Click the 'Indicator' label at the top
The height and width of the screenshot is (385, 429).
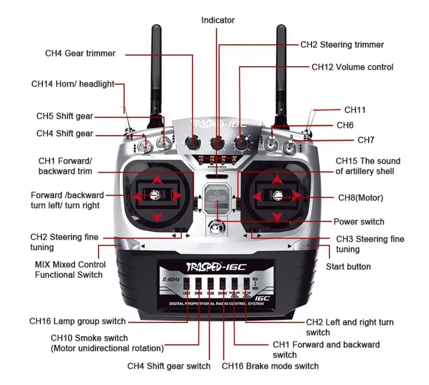pos(218,20)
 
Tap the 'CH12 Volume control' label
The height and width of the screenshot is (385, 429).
pos(352,67)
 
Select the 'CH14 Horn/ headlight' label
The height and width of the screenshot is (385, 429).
pos(73,84)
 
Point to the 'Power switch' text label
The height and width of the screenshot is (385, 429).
pos(359,222)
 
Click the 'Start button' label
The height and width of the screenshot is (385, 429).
pos(348,267)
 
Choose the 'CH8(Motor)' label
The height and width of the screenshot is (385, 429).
pos(361,198)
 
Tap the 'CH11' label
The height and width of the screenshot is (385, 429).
pos(355,110)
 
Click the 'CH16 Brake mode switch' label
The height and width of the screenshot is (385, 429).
pos(270,366)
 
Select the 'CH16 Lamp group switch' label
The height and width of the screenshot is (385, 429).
pos(78,321)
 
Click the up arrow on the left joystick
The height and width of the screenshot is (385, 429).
pos(157,179)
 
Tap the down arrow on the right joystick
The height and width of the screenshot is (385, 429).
pos(277,216)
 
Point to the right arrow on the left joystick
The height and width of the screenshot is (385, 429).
pos(176,196)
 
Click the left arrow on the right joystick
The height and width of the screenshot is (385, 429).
pos(257,196)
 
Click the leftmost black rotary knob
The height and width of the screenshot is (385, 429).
pos(192,142)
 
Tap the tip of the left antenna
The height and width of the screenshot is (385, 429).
pos(156,27)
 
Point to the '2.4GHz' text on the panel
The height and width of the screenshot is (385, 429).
pos(171,279)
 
